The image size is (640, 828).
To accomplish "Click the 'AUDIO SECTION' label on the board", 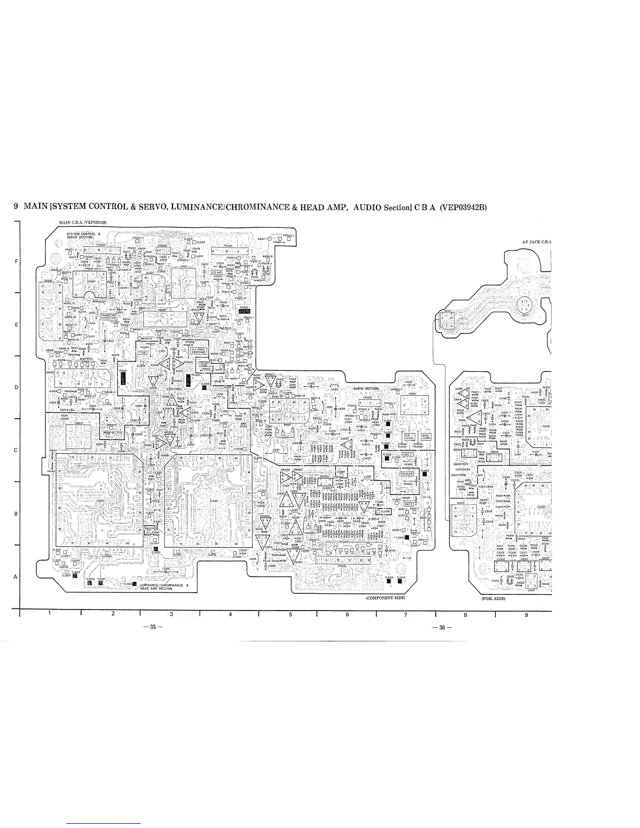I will [365, 389].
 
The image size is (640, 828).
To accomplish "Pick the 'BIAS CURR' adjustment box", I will [422, 436].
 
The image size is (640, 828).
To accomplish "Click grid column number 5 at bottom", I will [290, 614].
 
